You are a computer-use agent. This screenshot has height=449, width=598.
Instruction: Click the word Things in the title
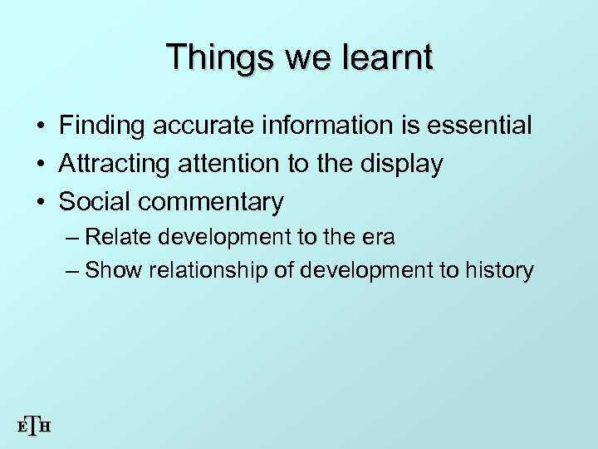coord(218,57)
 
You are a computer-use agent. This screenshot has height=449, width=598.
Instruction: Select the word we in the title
coord(309,57)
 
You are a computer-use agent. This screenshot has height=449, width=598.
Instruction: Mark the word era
coord(378,237)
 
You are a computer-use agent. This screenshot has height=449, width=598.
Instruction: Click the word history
coord(502,270)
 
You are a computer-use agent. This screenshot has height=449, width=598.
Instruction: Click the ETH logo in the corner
coord(34,427)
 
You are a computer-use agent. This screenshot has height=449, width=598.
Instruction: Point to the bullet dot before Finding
coord(40,126)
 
